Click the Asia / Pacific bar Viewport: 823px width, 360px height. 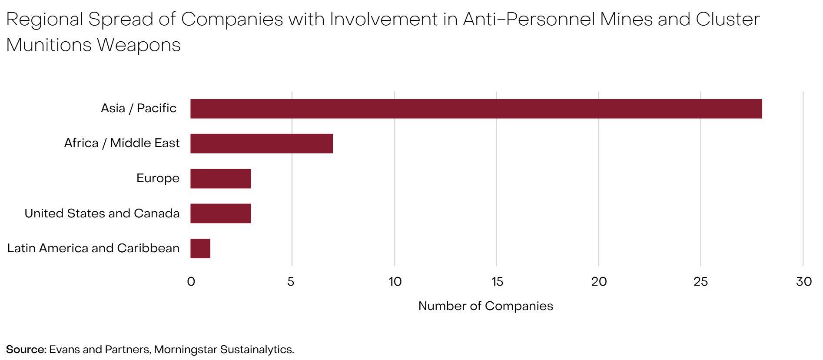point(476,109)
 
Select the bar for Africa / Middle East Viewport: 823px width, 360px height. point(262,143)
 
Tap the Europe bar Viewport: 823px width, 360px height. point(221,179)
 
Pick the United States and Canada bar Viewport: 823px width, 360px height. point(221,213)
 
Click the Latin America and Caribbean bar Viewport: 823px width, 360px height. point(200,249)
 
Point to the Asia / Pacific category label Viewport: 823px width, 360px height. point(139,108)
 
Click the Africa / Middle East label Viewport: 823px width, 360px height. point(122,143)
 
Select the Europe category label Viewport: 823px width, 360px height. point(158,178)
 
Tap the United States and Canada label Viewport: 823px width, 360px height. point(102,213)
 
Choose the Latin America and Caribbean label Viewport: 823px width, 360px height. point(93,248)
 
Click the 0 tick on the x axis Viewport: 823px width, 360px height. point(191,282)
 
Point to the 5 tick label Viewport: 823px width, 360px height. point(291,282)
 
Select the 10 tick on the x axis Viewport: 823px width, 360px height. point(395,282)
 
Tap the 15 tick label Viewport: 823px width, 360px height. point(497,282)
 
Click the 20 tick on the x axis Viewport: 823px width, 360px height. point(599,282)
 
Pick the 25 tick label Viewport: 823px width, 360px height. point(700,282)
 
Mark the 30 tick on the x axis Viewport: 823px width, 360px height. point(803,282)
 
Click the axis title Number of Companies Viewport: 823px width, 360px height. point(485,306)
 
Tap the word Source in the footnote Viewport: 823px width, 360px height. point(26,350)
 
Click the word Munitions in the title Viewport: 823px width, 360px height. point(49,45)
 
